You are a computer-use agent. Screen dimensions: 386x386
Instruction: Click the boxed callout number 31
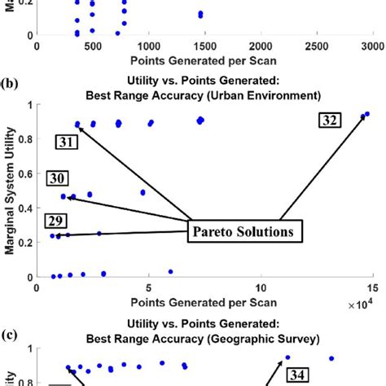click(x=67, y=142)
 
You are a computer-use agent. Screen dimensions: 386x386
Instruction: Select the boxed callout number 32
click(x=330, y=121)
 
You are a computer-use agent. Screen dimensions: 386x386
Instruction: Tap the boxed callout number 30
click(x=57, y=179)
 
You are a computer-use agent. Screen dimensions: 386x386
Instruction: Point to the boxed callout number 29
click(x=56, y=219)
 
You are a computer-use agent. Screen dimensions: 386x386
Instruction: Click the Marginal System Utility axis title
click(x=11, y=195)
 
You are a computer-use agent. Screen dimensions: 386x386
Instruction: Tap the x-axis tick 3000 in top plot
click(x=373, y=46)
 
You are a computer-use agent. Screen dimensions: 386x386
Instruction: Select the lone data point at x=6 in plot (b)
click(x=170, y=271)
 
